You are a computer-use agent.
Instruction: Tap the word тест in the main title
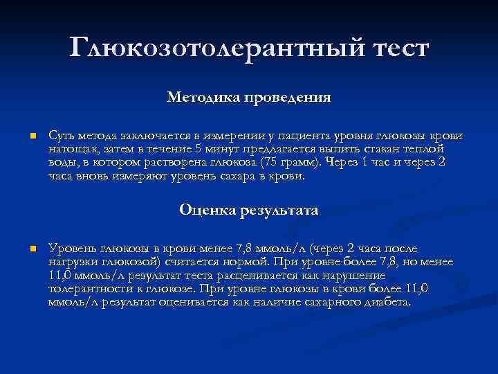coord(391,48)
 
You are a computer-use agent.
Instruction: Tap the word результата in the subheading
coord(280,210)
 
